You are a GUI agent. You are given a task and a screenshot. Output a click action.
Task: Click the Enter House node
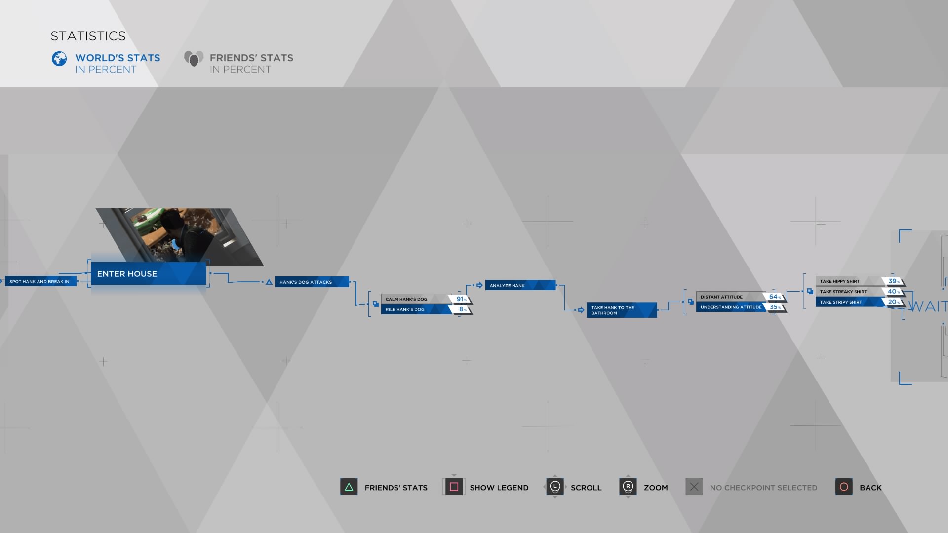click(148, 274)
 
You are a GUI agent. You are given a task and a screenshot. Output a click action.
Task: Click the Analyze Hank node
click(520, 285)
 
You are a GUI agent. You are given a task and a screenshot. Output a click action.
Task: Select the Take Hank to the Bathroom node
click(622, 310)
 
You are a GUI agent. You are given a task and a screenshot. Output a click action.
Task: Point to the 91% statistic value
click(461, 299)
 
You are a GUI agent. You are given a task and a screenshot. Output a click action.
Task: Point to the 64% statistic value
click(775, 297)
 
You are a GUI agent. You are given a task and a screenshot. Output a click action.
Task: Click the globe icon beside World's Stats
click(59, 59)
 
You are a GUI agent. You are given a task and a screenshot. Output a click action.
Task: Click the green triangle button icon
click(349, 487)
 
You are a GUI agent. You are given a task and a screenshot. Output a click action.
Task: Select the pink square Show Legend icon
click(454, 487)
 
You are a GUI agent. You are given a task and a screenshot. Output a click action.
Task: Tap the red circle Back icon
click(844, 487)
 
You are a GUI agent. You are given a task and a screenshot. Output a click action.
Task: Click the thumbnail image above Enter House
click(180, 237)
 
